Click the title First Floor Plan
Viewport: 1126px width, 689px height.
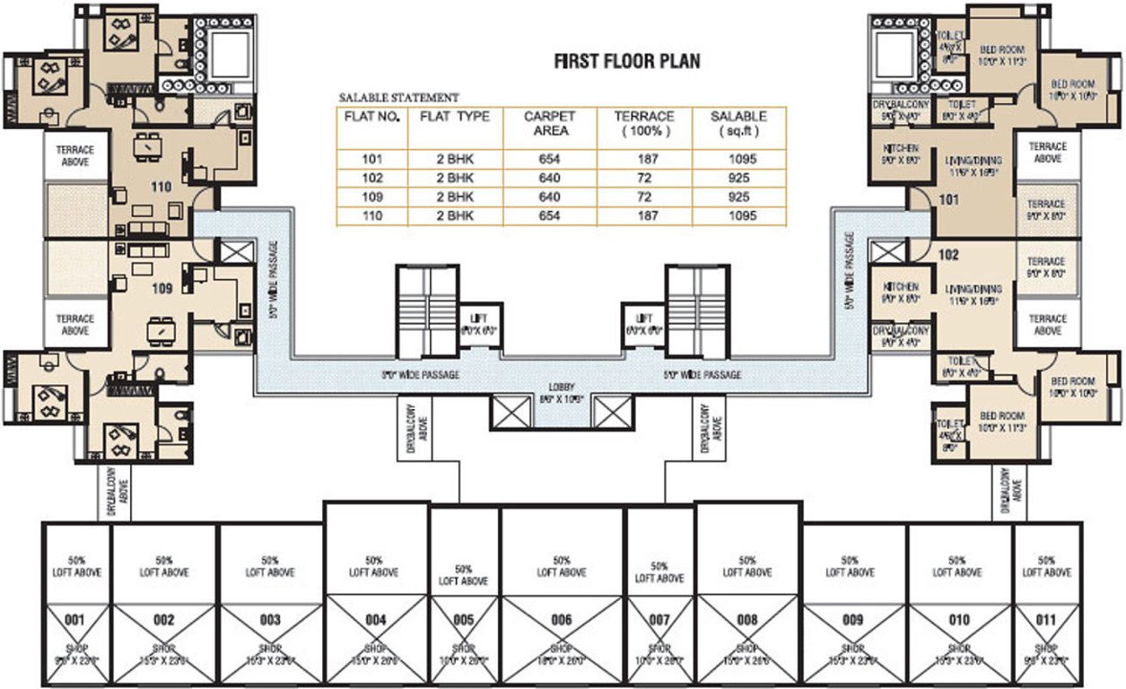coord(626,62)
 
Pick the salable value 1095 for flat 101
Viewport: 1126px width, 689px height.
coord(738,160)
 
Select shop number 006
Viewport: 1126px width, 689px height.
coord(562,619)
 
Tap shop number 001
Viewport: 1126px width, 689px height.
coord(75,619)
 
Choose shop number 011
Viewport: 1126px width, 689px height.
coord(1046,619)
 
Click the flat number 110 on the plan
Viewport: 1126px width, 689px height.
coord(161,188)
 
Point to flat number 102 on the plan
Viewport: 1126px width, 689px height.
coord(948,255)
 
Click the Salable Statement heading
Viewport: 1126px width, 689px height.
coord(398,97)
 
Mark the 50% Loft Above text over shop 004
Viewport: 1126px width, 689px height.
coord(373,566)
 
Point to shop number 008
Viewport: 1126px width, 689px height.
coord(747,619)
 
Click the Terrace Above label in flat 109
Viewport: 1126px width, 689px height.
coord(75,324)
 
